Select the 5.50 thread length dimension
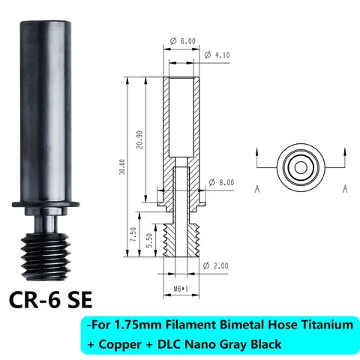[150, 239]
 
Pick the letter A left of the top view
[257, 189]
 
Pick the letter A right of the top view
[345, 189]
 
